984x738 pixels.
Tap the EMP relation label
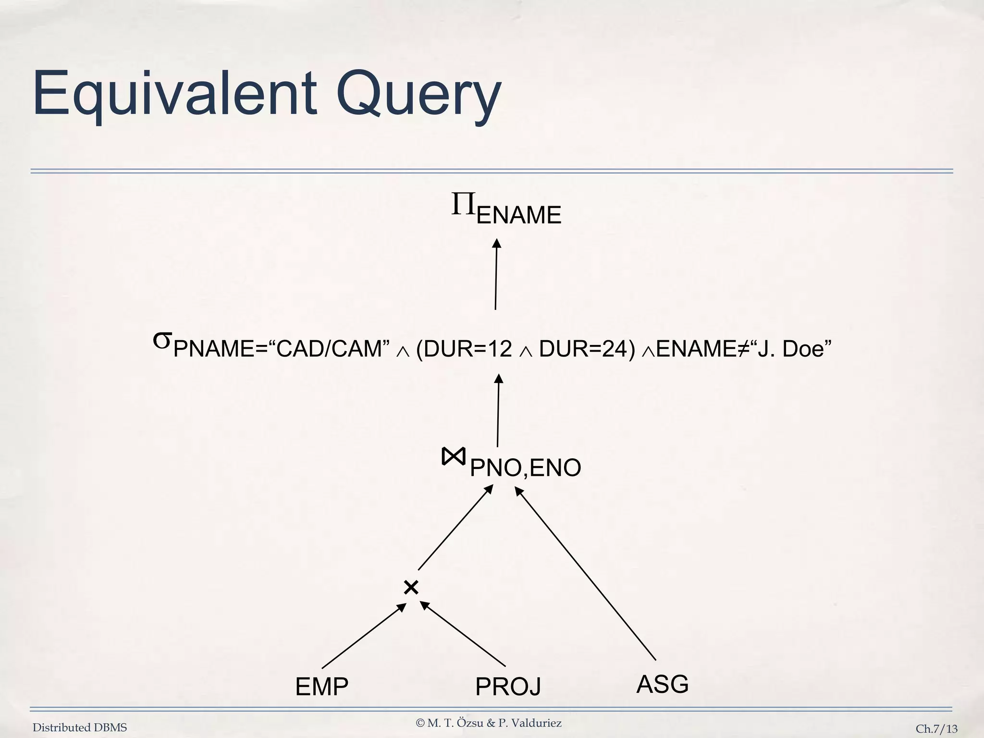pyautogui.click(x=321, y=687)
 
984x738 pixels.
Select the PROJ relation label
pyautogui.click(x=508, y=687)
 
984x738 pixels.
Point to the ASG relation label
pyautogui.click(x=662, y=684)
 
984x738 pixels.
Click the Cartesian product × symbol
pyautogui.click(x=411, y=587)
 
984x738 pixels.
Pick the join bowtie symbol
pyautogui.click(x=453, y=456)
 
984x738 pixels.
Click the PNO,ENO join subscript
pyautogui.click(x=525, y=467)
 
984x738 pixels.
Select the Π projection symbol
pyautogui.click(x=463, y=204)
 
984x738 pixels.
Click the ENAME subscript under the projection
pyautogui.click(x=519, y=215)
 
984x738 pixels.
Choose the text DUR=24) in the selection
pyautogui.click(x=583, y=349)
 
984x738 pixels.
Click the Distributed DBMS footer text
pyautogui.click(x=80, y=727)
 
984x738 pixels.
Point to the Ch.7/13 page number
pyautogui.click(x=936, y=729)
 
